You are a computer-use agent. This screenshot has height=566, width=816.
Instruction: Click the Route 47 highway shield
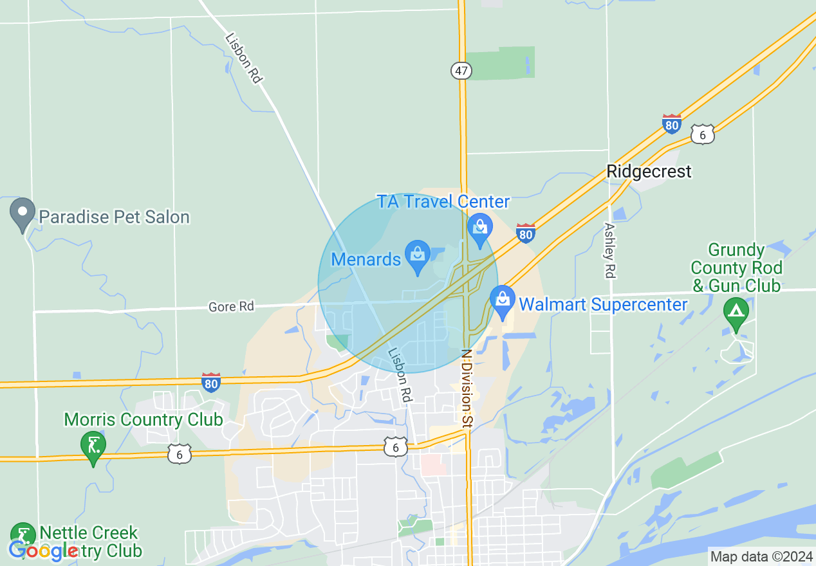point(461,71)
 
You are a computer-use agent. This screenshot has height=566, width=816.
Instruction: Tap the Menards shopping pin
point(418,255)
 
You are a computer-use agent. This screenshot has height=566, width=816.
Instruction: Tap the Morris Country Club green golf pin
point(93,446)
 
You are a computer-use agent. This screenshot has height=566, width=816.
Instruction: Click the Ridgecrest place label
point(649,171)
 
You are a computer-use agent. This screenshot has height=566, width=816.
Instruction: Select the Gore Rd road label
point(231,307)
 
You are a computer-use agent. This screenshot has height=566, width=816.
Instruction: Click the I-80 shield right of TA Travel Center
point(526,233)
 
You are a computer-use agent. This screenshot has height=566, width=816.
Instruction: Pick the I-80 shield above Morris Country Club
point(211,382)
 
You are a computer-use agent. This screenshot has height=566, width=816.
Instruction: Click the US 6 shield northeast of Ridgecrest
point(703,134)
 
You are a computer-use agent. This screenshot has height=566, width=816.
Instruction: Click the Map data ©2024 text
point(761,556)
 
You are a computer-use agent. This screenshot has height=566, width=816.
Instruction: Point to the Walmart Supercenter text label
point(603,304)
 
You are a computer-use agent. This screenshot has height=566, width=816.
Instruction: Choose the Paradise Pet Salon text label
point(114,217)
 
